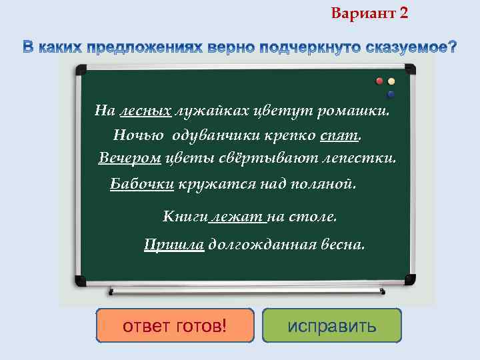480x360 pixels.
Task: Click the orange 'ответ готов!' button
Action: coord(175,325)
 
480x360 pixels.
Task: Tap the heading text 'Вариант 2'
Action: coord(369,13)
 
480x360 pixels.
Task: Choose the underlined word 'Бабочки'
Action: coord(141,184)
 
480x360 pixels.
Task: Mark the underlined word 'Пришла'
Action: coord(174,245)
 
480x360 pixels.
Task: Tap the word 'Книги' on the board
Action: coord(185,217)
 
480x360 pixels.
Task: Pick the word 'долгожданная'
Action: coord(261,245)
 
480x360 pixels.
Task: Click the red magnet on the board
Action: coord(379,81)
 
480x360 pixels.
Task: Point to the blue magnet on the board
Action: coord(391,94)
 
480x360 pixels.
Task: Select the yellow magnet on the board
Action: coord(391,81)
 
